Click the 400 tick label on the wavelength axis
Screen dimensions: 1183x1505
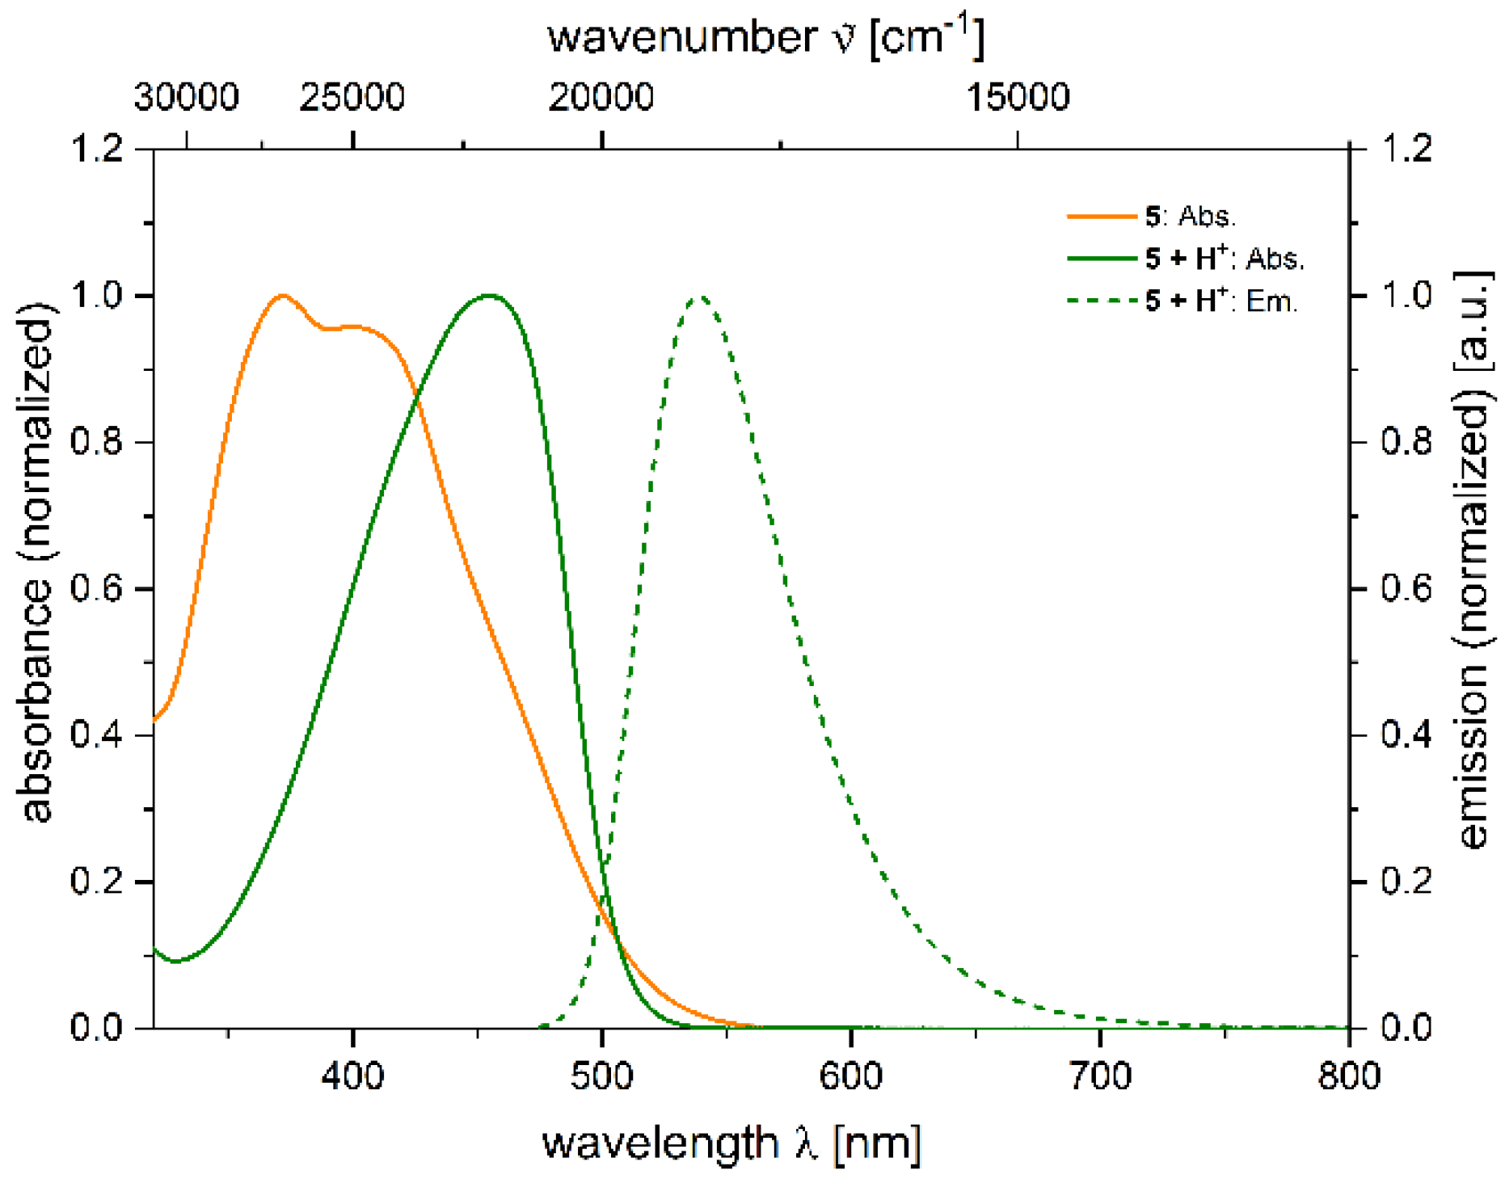352,1076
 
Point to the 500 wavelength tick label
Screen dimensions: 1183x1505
601,1076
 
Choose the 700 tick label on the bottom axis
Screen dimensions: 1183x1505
1100,1076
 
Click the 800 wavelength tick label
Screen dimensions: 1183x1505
1348,1076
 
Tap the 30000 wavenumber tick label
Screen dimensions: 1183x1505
187,98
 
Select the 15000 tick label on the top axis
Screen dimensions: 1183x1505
1018,98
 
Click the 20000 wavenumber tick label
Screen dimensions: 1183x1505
601,98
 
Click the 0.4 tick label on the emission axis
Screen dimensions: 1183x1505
1406,735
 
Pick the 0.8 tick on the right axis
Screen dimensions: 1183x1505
1406,442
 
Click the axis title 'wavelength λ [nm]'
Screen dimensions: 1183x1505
731,1143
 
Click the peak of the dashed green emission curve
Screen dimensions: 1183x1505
701,297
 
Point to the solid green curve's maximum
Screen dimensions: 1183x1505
489,295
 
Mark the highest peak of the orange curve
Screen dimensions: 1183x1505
283,295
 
